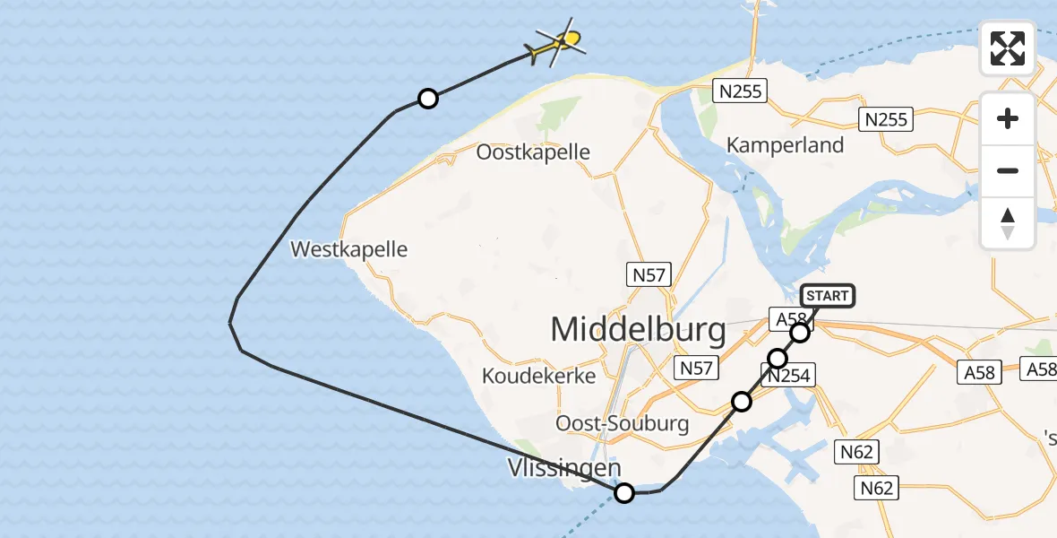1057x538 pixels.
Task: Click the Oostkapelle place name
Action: pos(533,152)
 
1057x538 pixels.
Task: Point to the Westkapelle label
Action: pos(349,249)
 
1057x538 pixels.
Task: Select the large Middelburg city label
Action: pos(638,330)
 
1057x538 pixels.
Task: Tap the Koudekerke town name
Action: pos(538,376)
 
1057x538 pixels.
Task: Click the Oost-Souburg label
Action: pos(623,423)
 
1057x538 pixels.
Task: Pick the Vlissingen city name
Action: pos(563,468)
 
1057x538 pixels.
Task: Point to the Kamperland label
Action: pos(785,145)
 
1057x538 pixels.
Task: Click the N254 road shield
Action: pos(788,376)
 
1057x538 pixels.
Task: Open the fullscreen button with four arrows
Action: pos(1008,48)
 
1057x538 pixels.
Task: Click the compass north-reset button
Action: pos(1008,223)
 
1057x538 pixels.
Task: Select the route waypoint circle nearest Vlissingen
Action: pos(624,492)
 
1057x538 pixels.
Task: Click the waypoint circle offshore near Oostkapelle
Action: pos(428,99)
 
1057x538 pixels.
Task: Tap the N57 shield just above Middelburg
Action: pos(649,275)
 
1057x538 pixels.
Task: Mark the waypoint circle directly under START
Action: pos(800,333)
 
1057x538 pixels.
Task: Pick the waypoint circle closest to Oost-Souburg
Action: pos(741,401)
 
